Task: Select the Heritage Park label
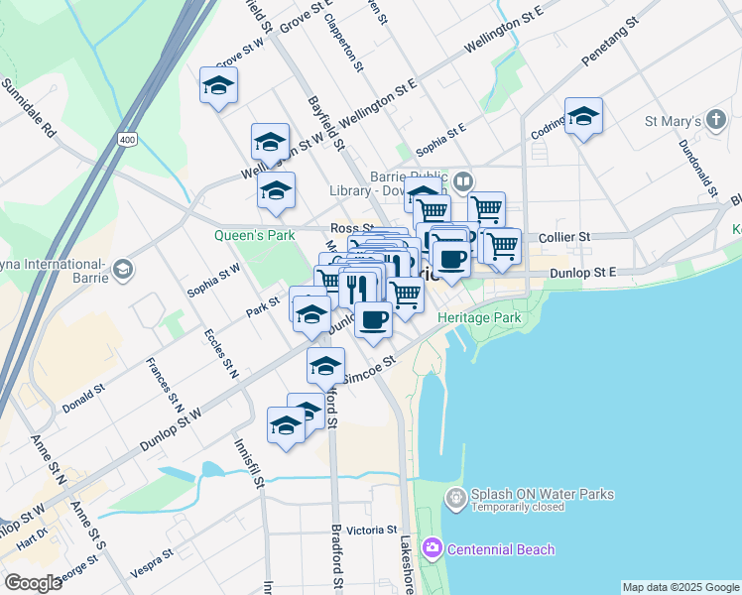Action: coord(479,317)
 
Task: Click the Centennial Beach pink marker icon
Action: coord(432,547)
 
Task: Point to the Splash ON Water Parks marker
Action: coord(455,498)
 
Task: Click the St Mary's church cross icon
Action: coord(716,122)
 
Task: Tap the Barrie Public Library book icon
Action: coord(463,181)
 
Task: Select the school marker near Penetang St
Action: coord(583,116)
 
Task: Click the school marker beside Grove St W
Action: coord(218,86)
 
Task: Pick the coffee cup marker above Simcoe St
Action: coord(374,319)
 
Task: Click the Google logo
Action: coord(34,583)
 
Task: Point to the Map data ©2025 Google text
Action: coord(680,587)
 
